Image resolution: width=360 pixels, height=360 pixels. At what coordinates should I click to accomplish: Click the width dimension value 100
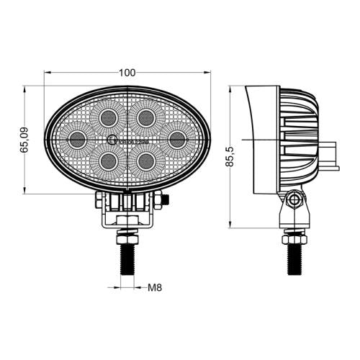click(x=127, y=72)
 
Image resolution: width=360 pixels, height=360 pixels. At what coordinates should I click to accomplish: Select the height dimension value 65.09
click(x=24, y=139)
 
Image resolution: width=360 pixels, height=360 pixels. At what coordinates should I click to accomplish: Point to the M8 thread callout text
click(x=154, y=288)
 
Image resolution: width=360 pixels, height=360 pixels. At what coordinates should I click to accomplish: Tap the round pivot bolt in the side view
click(x=295, y=201)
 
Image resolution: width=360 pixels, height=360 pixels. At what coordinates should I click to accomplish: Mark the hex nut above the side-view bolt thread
click(x=295, y=236)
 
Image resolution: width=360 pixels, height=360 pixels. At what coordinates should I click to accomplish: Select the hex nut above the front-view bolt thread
click(x=127, y=236)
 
